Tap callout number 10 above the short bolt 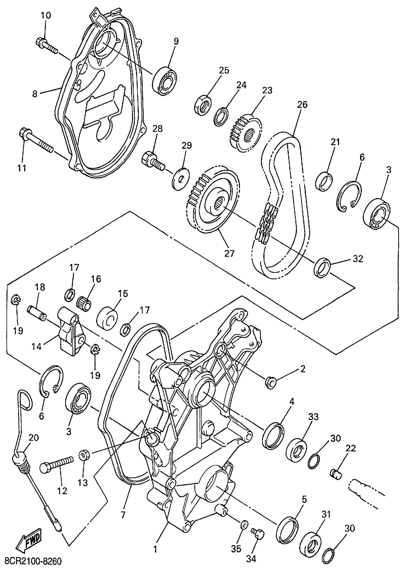(46, 15)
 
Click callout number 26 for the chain (302, 105)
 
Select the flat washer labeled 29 (181, 178)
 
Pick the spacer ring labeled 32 (322, 268)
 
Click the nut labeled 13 (84, 455)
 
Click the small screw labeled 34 (258, 533)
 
